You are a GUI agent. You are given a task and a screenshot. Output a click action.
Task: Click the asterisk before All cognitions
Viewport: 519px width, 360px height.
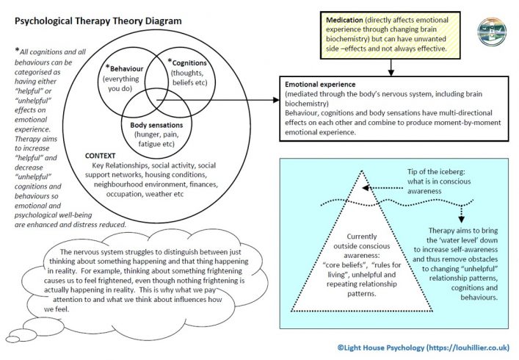[x=16, y=50]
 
